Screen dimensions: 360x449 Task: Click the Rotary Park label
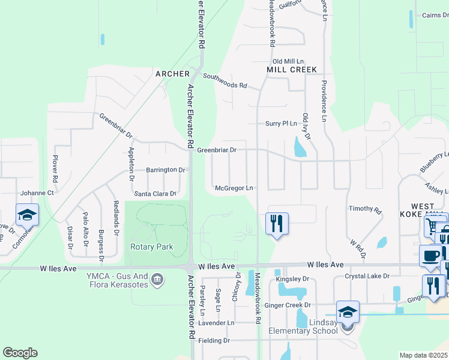151,247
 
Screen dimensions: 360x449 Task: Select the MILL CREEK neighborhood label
291,70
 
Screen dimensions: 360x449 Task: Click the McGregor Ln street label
234,188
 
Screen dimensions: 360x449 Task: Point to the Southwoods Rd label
225,85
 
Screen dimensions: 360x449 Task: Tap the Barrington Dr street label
165,170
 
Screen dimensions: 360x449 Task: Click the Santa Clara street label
154,194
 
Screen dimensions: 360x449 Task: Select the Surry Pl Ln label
282,124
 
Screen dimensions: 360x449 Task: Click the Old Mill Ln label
288,61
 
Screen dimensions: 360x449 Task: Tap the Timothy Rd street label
365,210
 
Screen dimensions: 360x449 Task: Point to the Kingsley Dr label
292,279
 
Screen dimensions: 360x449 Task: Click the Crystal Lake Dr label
367,276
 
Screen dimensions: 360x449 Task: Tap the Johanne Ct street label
37,193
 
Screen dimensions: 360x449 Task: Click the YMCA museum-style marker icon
157,279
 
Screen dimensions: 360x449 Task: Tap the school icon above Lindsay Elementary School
348,311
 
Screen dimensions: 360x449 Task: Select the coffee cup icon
430,256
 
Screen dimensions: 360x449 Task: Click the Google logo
20,353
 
